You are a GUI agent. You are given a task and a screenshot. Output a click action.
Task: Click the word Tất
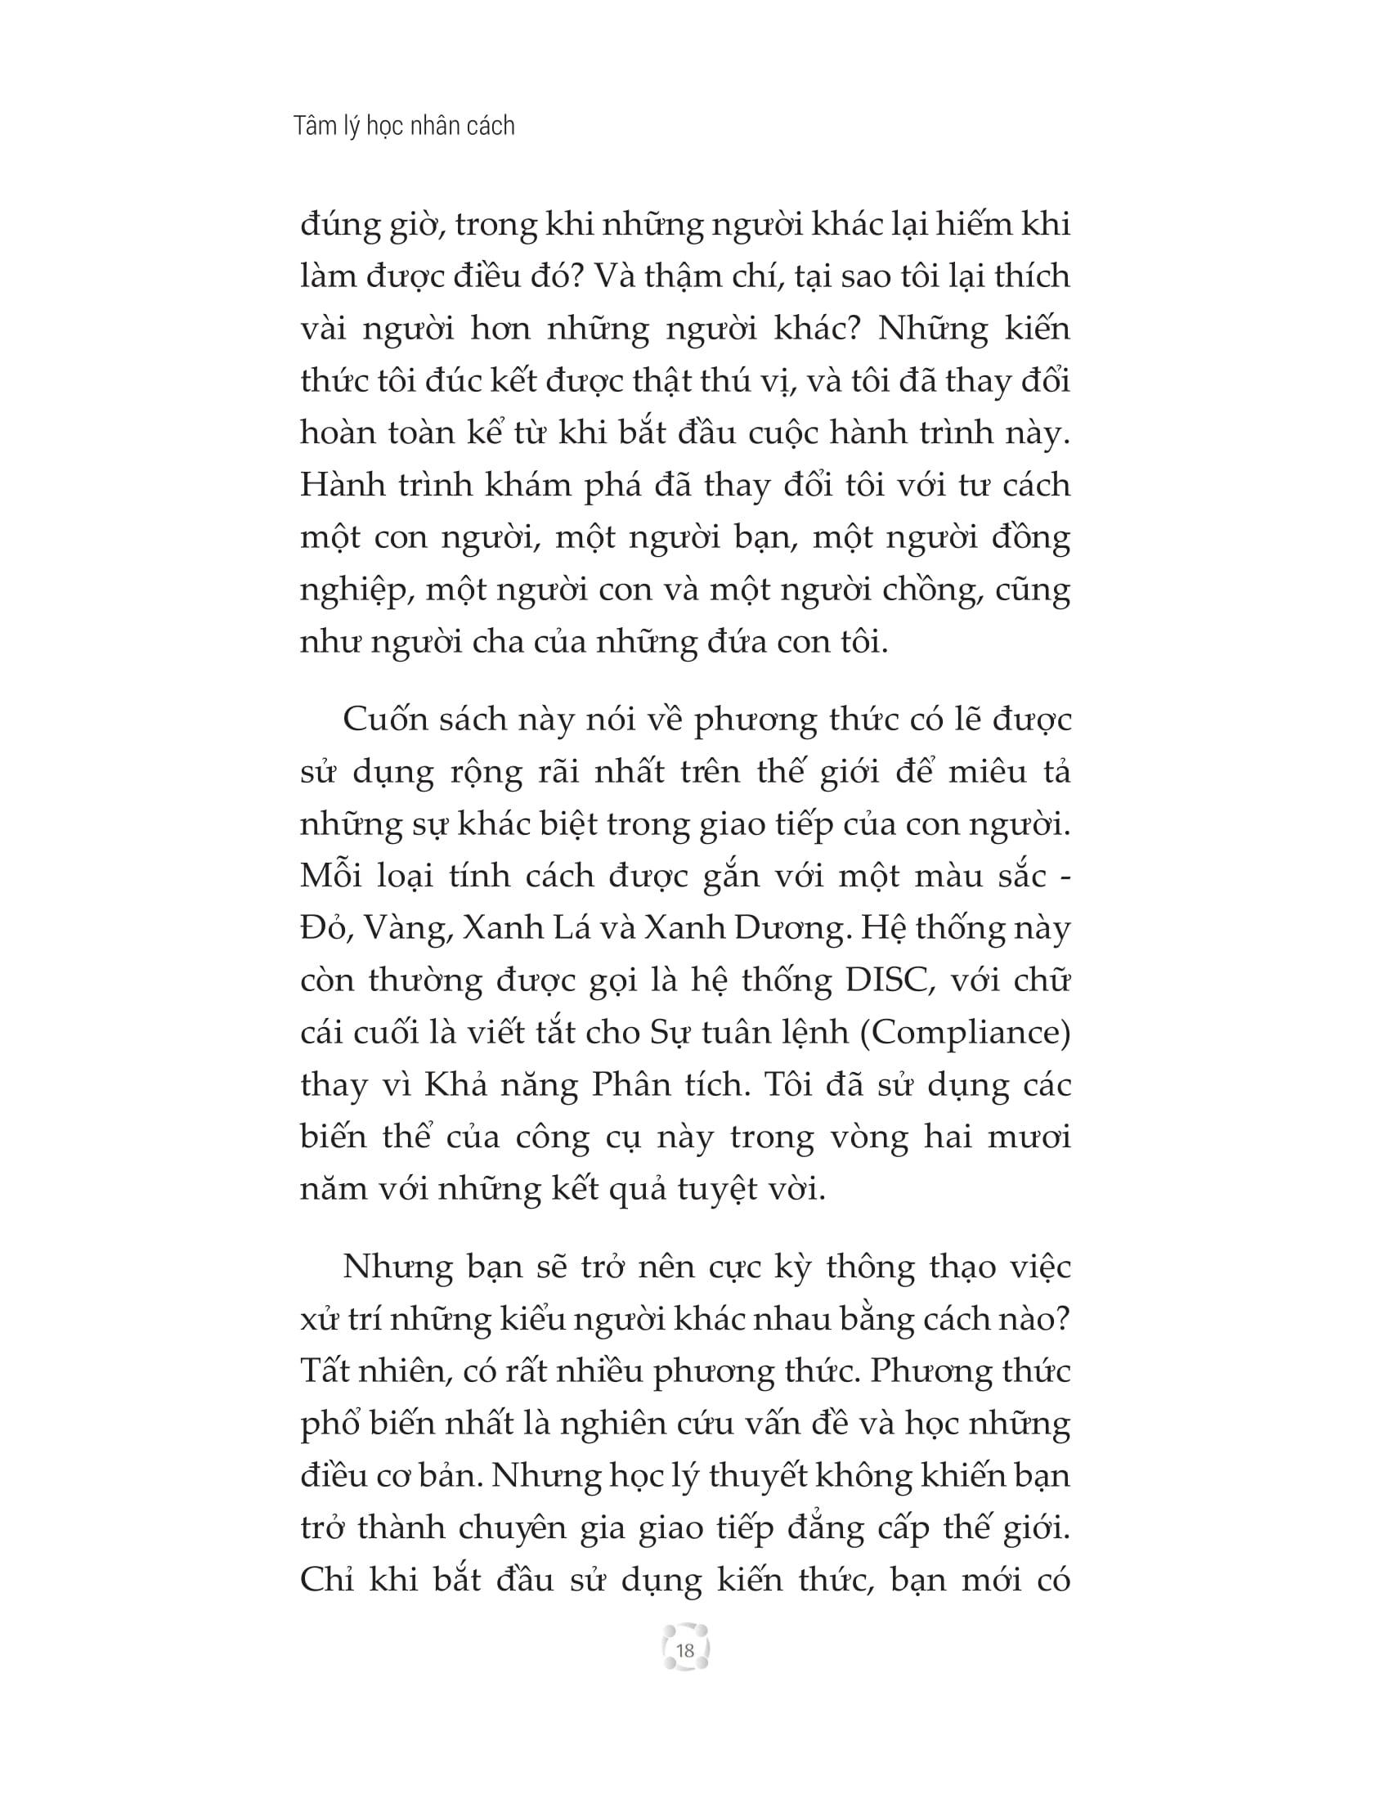[x=324, y=1371]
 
